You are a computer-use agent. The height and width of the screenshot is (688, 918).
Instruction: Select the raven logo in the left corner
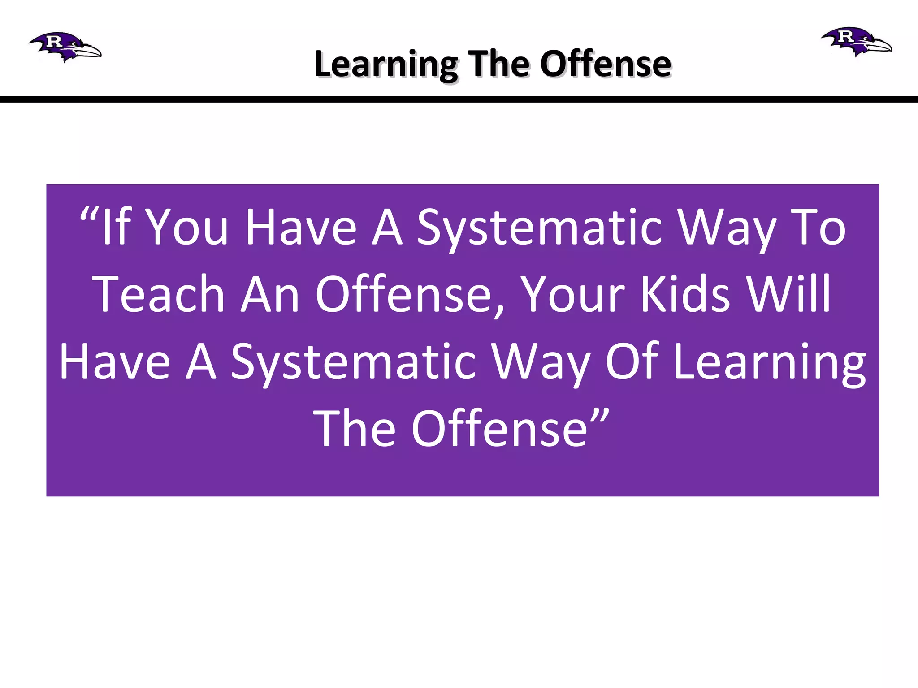point(65,46)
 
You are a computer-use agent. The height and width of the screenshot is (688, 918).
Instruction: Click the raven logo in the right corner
point(856,41)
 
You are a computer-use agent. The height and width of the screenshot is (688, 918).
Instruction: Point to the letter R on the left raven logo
point(54,41)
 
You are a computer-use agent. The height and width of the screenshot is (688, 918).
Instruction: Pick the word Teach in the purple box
point(159,294)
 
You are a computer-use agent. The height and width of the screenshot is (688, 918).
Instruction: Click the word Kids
point(686,294)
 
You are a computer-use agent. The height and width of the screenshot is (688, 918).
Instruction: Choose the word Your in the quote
point(574,295)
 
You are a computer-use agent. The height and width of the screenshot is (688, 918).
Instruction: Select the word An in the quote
point(270,294)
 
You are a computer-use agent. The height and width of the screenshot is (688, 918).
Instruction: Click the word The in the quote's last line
point(354,429)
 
